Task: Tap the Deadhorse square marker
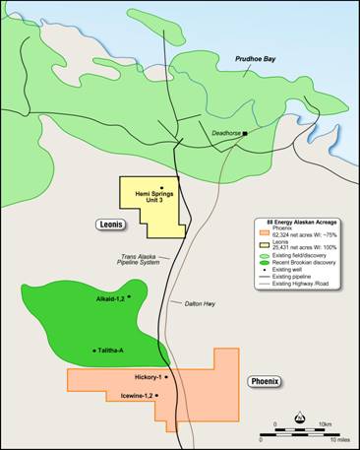point(245,132)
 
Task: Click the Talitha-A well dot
point(94,351)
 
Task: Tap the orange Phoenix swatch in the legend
point(260,232)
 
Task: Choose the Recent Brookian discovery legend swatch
point(260,263)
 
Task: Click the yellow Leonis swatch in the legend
point(260,244)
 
